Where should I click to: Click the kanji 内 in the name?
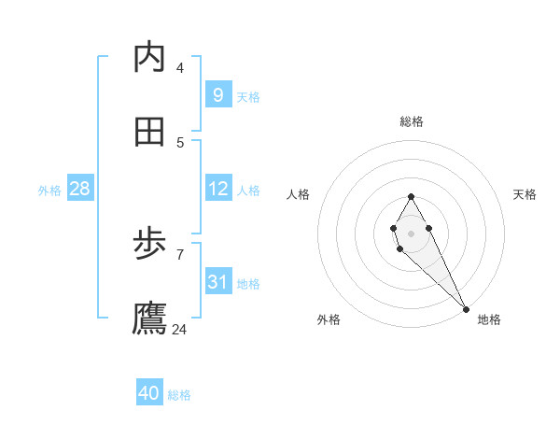[149, 58]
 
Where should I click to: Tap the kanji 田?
[149, 133]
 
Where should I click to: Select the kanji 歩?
[149, 245]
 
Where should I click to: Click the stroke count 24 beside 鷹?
[179, 329]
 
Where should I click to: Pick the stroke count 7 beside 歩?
[179, 254]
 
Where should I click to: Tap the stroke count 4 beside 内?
[179, 67]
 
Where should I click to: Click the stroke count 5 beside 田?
[179, 142]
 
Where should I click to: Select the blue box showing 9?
[217, 95]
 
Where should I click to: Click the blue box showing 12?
[217, 189]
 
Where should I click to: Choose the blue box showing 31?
[217, 282]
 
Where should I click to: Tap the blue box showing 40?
[148, 393]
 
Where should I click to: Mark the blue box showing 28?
[79, 189]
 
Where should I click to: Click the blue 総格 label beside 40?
[179, 395]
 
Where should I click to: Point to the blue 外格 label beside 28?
[49, 191]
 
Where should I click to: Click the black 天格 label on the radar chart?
[525, 194]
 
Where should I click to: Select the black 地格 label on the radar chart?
[489, 319]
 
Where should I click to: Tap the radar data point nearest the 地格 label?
[466, 309]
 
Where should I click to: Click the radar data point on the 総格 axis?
[411, 196]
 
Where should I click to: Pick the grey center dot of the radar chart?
[411, 232]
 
